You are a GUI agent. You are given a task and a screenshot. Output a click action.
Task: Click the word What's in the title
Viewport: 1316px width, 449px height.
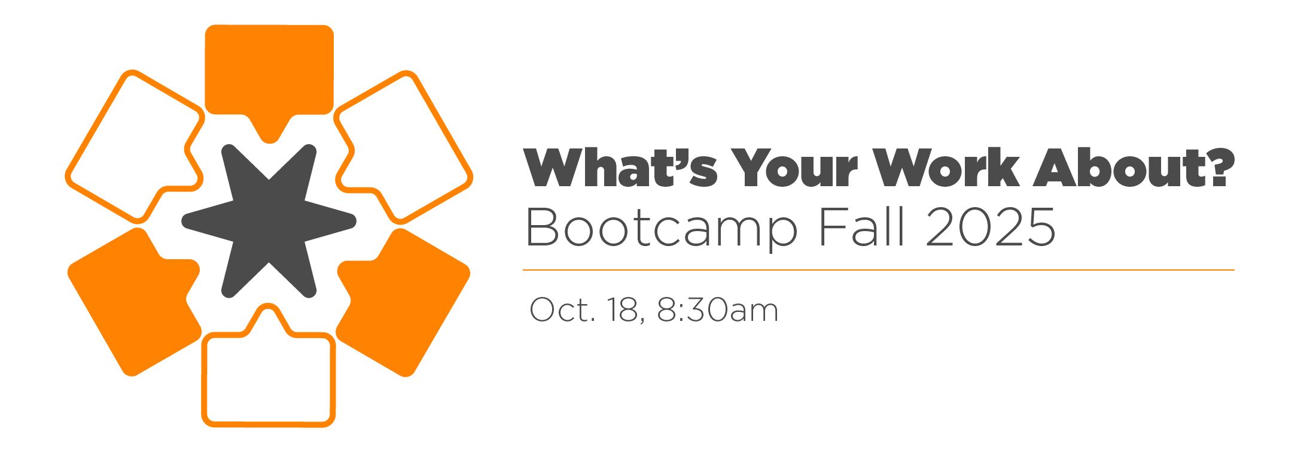pos(620,168)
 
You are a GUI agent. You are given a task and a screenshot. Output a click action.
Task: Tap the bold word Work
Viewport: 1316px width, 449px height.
pos(946,168)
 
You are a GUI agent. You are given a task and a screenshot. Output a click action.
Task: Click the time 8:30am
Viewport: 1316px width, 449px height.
pos(718,310)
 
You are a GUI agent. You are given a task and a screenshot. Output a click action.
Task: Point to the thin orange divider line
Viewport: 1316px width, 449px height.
pos(879,270)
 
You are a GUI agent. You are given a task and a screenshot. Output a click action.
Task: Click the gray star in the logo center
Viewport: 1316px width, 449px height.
pos(269,221)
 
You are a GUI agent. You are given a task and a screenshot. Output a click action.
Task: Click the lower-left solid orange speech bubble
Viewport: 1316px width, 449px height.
pos(135,302)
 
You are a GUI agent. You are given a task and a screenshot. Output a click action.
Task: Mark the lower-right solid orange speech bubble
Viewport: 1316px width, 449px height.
pos(404,302)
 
